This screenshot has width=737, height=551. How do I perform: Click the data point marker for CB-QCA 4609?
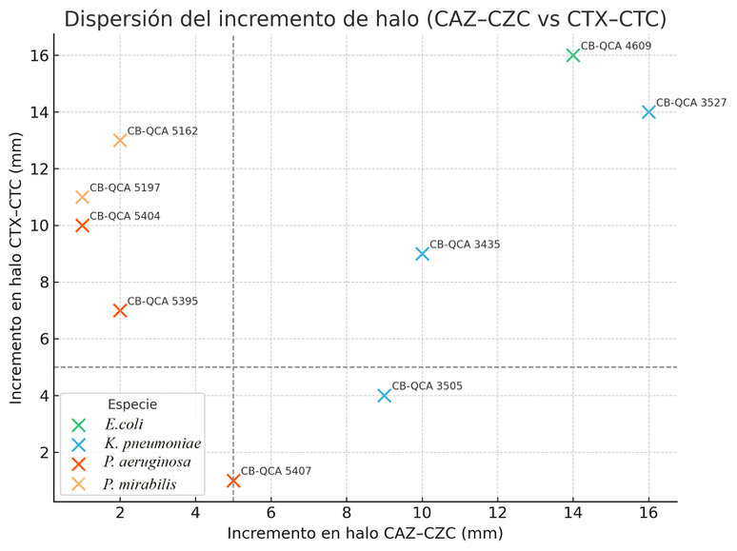pyautogui.click(x=573, y=55)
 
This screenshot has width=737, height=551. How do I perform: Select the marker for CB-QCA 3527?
pyautogui.click(x=648, y=111)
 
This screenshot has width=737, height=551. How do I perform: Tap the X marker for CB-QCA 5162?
pyautogui.click(x=120, y=140)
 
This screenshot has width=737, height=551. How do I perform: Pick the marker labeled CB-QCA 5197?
pyautogui.click(x=82, y=197)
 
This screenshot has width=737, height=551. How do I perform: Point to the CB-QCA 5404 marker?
pyautogui.click(x=82, y=226)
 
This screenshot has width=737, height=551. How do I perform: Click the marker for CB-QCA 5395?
pyautogui.click(x=120, y=310)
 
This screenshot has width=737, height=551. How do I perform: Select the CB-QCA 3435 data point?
pyautogui.click(x=422, y=254)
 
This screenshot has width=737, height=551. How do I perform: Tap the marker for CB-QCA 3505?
pyautogui.click(x=385, y=395)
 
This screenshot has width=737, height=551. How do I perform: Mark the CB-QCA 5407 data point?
pyautogui.click(x=233, y=481)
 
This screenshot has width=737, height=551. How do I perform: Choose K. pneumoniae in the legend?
pyautogui.click(x=152, y=444)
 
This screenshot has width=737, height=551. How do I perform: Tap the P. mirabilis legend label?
pyautogui.click(x=141, y=484)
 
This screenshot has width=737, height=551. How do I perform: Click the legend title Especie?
pyautogui.click(x=132, y=404)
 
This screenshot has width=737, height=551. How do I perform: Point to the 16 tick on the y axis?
pyautogui.click(x=37, y=55)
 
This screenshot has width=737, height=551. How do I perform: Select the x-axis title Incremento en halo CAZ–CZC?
pyautogui.click(x=365, y=535)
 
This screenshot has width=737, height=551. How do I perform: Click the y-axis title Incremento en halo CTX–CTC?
pyautogui.click(x=16, y=267)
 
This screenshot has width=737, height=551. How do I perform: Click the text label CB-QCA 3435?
pyautogui.click(x=465, y=245)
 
